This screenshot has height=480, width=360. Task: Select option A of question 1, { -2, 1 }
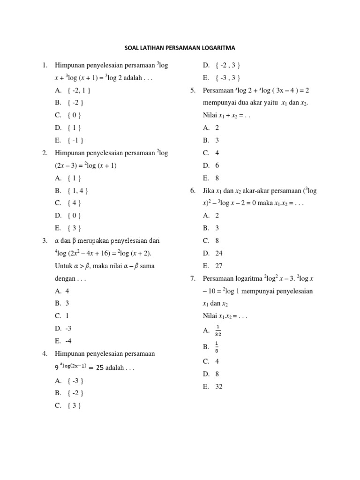click(x=73, y=90)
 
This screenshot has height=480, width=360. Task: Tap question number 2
click(x=45, y=153)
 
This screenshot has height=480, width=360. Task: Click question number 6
click(x=193, y=191)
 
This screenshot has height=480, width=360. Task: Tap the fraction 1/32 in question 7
click(x=218, y=331)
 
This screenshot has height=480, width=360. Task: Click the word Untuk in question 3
click(x=64, y=266)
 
